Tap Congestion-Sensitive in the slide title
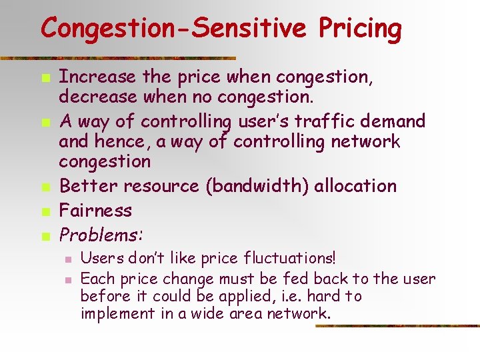(x=173, y=29)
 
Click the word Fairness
(x=95, y=211)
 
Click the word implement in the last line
(x=117, y=313)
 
